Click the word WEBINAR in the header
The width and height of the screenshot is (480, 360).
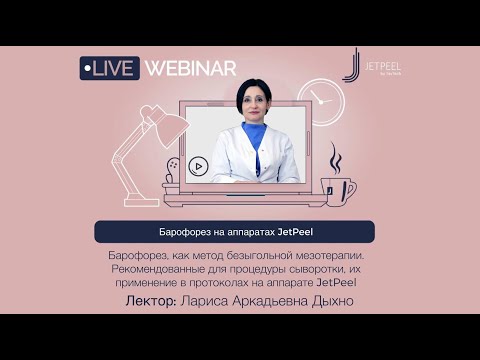coord(190,68)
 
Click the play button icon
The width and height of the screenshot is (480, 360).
coord(198,167)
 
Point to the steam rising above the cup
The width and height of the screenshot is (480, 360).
coord(335,157)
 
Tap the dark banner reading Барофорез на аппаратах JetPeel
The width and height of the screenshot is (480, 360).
coord(235,232)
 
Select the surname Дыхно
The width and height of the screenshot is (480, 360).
coord(329,301)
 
